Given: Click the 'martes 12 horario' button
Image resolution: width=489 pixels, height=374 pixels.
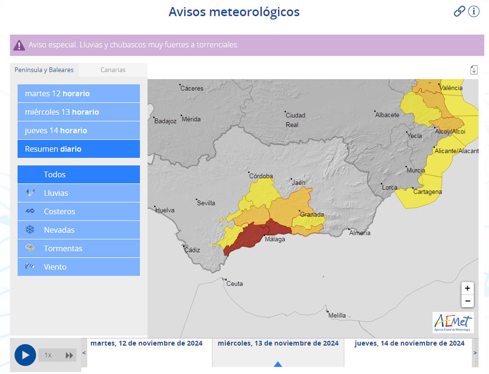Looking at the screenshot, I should (79, 93).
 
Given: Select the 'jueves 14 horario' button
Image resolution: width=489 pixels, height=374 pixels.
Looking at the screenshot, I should (79, 130).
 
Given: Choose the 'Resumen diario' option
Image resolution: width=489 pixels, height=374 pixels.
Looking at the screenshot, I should (79, 149).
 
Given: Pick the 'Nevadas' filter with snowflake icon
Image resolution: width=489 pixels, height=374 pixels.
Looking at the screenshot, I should (79, 230).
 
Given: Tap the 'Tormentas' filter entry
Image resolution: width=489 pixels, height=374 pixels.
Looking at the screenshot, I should (79, 248).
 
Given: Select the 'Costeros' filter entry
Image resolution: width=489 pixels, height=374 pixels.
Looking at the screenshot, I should (79, 211).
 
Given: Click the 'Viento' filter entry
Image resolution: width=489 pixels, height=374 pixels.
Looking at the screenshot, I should (79, 267).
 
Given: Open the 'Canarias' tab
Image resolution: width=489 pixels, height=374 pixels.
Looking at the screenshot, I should (113, 70).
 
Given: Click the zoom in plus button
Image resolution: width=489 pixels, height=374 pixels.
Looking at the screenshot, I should (467, 288).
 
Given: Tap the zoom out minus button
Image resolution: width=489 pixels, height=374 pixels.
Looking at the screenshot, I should (467, 301).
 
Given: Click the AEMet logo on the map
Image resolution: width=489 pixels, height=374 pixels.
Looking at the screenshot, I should (453, 322).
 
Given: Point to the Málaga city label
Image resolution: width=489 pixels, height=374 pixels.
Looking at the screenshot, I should (275, 239).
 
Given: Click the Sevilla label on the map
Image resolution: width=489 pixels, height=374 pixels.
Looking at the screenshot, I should (206, 203).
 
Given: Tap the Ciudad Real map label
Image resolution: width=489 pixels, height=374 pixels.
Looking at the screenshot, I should (295, 119).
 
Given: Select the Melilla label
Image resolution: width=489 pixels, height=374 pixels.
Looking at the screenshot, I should (337, 315).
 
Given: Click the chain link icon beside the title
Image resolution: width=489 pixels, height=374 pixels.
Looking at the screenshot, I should (459, 11).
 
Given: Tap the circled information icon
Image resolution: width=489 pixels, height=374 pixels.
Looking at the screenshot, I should (474, 11).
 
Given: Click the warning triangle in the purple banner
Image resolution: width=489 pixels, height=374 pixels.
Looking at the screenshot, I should (19, 45).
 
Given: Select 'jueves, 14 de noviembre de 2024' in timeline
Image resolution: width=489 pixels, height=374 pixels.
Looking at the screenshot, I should (409, 344).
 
